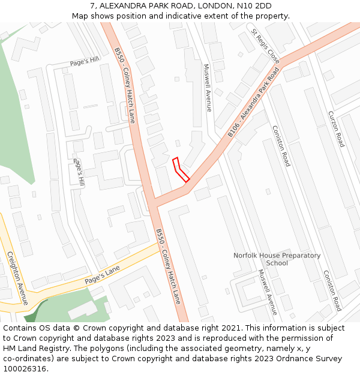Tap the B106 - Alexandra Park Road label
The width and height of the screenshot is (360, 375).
[x=254, y=102]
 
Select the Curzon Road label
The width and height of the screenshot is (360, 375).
[x=336, y=128]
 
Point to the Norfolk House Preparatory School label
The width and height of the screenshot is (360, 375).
[x=277, y=259]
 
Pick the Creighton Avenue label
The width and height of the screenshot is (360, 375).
[x=17, y=278]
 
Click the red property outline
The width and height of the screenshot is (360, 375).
[x=181, y=170]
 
